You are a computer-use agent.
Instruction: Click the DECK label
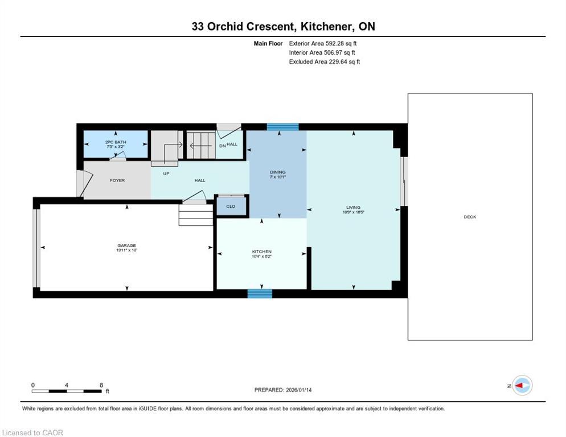pyautogui.click(x=470, y=217)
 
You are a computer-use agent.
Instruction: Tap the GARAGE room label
pyautogui.click(x=126, y=245)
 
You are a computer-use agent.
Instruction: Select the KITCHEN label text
pyautogui.click(x=262, y=252)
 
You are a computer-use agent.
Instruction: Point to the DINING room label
pyautogui.click(x=277, y=172)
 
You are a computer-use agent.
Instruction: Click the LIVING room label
pyautogui.click(x=354, y=207)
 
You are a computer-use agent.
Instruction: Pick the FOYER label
pyautogui.click(x=117, y=180)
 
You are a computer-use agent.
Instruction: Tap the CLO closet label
pyautogui.click(x=231, y=207)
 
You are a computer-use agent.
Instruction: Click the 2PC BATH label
pyautogui.click(x=116, y=142)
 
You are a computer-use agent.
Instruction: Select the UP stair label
pyautogui.click(x=166, y=174)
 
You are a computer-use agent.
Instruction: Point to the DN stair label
pyautogui.click(x=222, y=146)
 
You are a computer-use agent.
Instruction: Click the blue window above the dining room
pyautogui.click(x=282, y=127)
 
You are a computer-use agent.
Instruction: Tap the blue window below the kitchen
pyautogui.click(x=260, y=294)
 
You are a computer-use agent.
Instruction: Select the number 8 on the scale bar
pyautogui.click(x=101, y=385)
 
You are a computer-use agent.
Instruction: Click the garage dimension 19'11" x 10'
pyautogui.click(x=126, y=250)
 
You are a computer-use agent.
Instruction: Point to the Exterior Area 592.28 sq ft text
pyautogui.click(x=323, y=43)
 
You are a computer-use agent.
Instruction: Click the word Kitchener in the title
pyautogui.click(x=326, y=26)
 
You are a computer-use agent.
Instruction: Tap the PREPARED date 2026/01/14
pyautogui.click(x=299, y=390)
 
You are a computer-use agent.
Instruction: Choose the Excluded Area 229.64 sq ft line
pyautogui.click(x=325, y=61)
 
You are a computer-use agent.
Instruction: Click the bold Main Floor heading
pyautogui.click(x=268, y=43)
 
